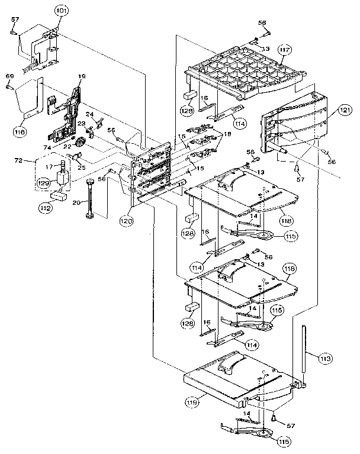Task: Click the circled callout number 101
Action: coord(62,11)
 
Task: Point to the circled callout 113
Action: coord(326,358)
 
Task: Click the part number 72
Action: coord(18,161)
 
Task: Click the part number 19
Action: coord(82,76)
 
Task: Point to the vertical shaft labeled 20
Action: coord(91,198)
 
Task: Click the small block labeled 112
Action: coord(58,195)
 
